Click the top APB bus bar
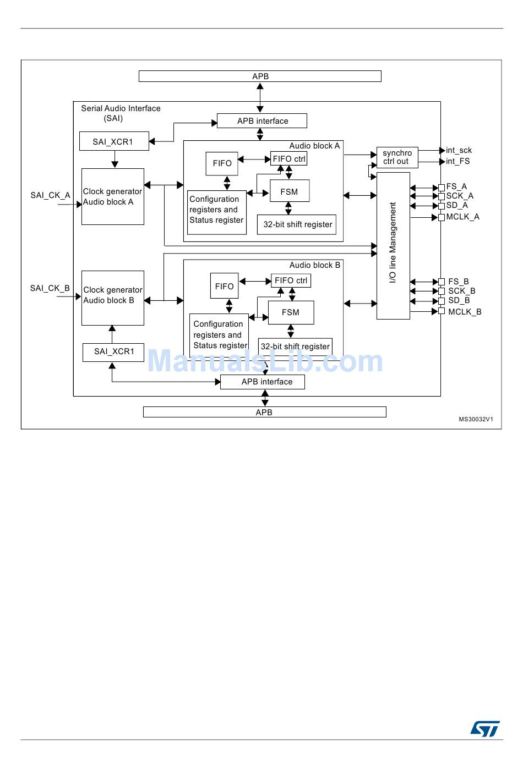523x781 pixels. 260,76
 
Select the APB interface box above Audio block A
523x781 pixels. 262,121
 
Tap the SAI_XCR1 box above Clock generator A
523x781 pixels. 114,141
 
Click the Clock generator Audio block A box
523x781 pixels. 113,196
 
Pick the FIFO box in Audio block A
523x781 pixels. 222,163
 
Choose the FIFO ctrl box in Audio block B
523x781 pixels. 291,280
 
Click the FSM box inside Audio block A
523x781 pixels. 289,191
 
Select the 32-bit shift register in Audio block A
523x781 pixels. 297,224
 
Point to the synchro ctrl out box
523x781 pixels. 397,157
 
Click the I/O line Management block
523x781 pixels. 393,245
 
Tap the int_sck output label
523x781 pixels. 459,150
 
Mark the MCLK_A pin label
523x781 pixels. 462,217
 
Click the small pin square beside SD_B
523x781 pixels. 442,301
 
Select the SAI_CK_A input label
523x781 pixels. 50,195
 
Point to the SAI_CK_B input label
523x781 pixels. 50,288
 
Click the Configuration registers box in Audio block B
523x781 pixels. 219,335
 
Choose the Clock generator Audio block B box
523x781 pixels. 113,298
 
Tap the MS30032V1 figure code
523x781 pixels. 476,419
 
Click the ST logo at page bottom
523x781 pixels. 484,729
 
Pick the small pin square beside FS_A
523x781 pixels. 442,188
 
